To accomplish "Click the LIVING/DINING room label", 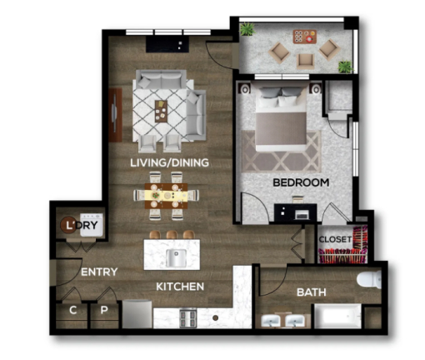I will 169,162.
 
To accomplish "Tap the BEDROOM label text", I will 301,182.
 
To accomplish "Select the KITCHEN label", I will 181,286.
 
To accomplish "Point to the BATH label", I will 312,292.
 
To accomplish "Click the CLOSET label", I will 335,239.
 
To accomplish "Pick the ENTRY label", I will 99,272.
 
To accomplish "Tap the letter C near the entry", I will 73,310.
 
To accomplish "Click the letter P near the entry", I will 104,310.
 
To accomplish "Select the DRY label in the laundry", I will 87,226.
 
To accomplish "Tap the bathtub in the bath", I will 337,318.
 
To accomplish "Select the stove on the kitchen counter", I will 186,317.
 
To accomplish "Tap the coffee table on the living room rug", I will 161,109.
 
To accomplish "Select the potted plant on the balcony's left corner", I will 247,29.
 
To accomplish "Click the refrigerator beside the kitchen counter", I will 137,315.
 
